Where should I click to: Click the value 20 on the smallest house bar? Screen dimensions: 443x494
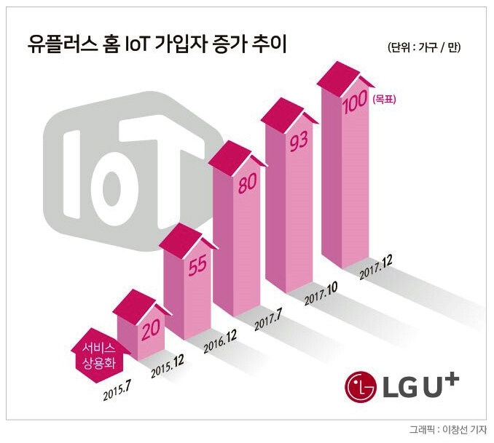151,331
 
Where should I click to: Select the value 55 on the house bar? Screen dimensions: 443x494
197,266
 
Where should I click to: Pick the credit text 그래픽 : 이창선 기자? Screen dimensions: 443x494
448,430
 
